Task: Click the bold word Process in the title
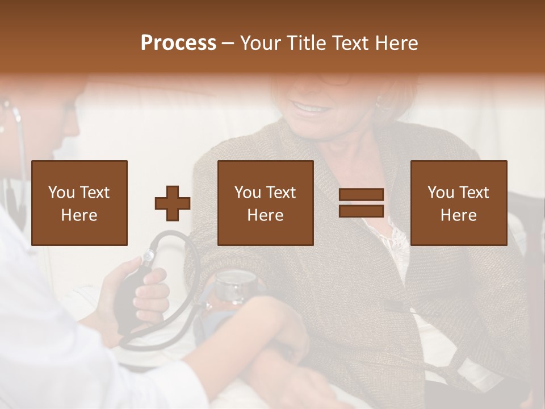click(x=178, y=43)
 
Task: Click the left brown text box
click(x=79, y=203)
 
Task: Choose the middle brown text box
click(x=266, y=203)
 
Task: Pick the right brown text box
click(x=459, y=203)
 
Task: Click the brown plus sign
click(x=173, y=203)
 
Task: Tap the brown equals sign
click(x=361, y=203)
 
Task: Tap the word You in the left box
click(x=61, y=193)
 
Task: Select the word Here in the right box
click(x=459, y=215)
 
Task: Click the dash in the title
click(x=228, y=43)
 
